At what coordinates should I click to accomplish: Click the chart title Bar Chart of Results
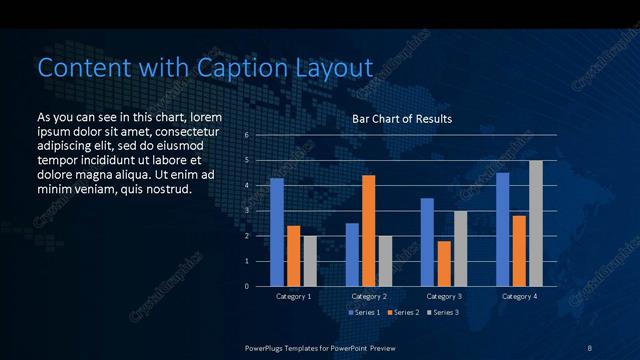(402, 119)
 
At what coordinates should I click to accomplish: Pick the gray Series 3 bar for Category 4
(536, 223)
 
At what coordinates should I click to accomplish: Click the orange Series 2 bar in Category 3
(444, 263)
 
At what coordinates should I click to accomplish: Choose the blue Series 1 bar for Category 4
(502, 229)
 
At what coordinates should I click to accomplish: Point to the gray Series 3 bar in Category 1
(310, 261)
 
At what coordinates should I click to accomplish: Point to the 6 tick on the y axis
(247, 135)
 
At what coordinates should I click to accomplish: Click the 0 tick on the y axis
(247, 287)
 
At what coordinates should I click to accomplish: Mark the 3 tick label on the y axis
(247, 211)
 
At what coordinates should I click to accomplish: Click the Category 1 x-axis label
(294, 297)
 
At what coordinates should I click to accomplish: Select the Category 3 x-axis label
(444, 297)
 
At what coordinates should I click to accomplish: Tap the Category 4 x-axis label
(519, 297)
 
